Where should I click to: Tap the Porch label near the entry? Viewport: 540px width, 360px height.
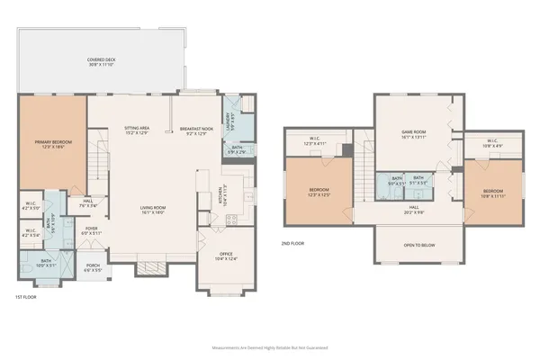[94, 266]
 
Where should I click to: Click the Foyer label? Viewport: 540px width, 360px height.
[92, 229]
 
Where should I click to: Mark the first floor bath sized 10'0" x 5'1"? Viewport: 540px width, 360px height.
[47, 264]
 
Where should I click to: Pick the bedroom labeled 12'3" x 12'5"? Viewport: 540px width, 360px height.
[319, 192]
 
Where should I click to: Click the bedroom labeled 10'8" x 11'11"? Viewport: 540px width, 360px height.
[491, 193]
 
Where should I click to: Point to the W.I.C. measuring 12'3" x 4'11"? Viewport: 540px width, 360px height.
[314, 142]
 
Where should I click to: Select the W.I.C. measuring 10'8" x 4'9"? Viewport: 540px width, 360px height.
[492, 141]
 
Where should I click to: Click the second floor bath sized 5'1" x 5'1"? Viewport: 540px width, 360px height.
[418, 179]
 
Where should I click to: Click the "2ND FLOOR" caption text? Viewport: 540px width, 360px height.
[293, 244]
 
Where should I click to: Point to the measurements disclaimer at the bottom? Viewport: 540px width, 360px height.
[270, 346]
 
